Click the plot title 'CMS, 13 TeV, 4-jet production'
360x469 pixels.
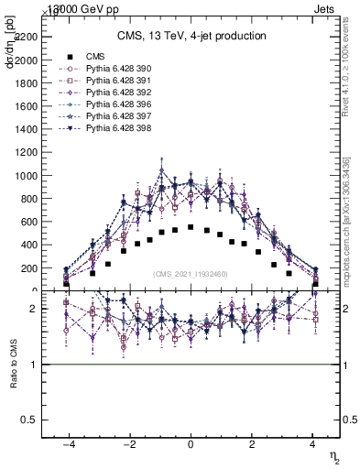[191, 36]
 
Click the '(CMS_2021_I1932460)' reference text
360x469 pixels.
[191, 274]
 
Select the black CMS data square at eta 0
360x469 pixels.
[191, 227]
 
